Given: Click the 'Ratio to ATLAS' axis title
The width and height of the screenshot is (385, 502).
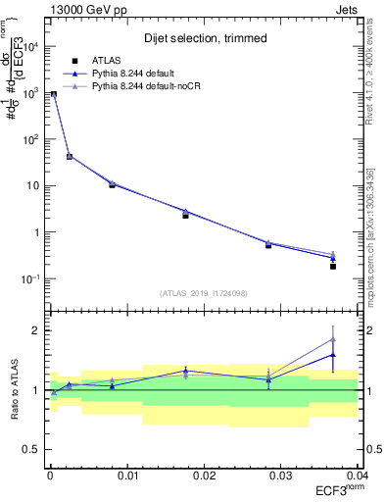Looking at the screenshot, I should tap(15, 390).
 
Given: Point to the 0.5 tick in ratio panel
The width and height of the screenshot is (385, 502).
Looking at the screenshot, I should tap(37, 449).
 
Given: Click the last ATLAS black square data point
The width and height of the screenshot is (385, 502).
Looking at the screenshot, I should tap(333, 267).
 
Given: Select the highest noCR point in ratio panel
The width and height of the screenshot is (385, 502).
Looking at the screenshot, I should tap(333, 339).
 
